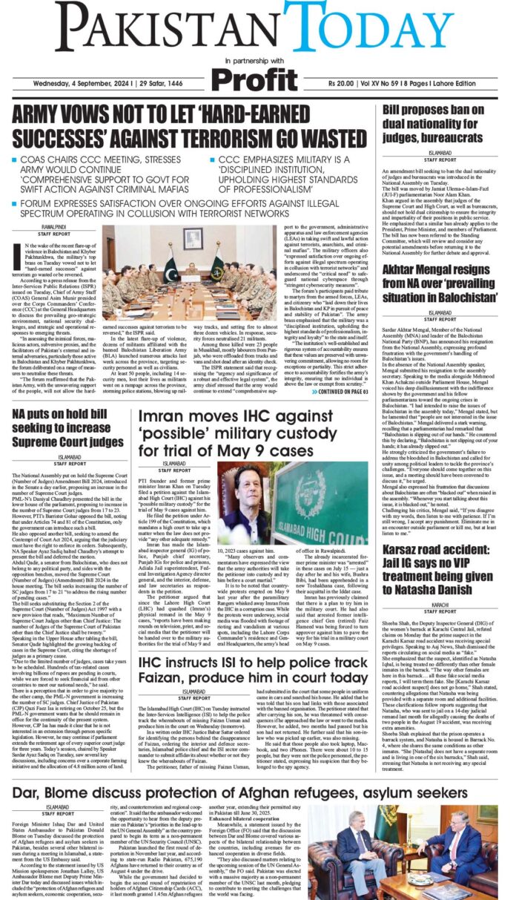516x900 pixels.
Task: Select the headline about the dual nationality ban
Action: click(x=443, y=125)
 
